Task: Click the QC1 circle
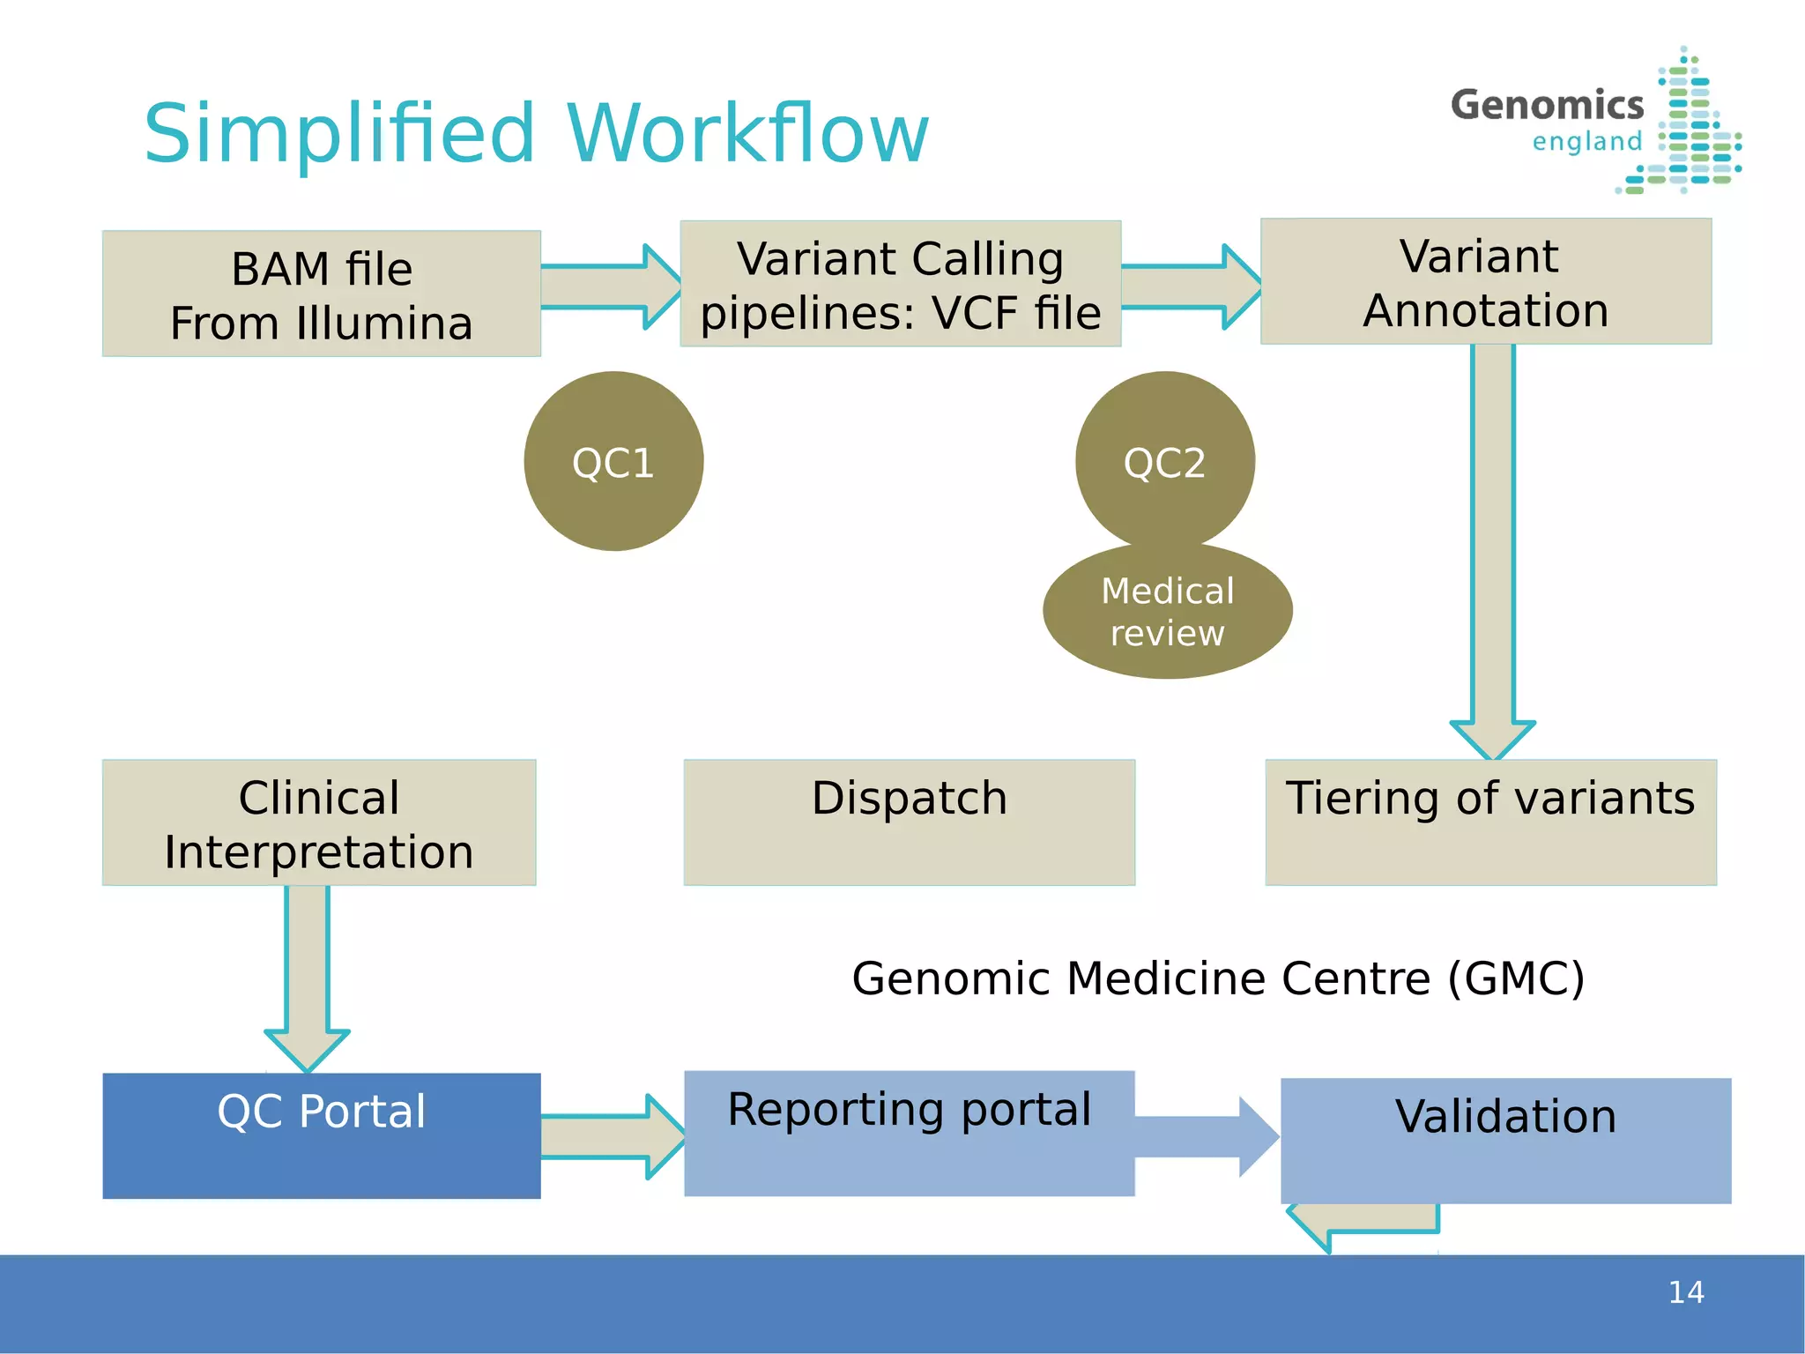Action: click(613, 461)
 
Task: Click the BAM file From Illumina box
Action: click(322, 294)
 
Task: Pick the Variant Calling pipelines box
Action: click(900, 284)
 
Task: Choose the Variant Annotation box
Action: click(1486, 281)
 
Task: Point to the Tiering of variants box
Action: click(1490, 822)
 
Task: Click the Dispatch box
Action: click(909, 822)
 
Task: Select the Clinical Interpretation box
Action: click(319, 822)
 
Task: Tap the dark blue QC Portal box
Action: click(322, 1135)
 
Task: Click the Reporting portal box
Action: click(909, 1134)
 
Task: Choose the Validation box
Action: click(1505, 1140)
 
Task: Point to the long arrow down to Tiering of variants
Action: click(1493, 547)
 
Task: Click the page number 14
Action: click(1685, 1292)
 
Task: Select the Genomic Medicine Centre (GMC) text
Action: click(1218, 978)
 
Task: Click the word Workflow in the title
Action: click(747, 134)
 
